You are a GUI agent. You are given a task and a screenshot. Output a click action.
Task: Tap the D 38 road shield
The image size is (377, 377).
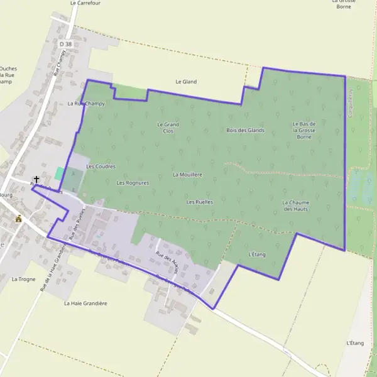(x=65, y=45)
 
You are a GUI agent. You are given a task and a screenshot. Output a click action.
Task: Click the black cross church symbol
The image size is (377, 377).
(x=36, y=180)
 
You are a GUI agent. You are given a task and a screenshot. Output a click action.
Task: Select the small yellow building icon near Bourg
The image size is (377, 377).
(x=19, y=219)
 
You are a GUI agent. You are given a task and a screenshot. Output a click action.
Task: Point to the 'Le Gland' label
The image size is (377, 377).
(x=186, y=82)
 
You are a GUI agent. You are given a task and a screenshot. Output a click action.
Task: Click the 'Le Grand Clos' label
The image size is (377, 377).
(x=168, y=128)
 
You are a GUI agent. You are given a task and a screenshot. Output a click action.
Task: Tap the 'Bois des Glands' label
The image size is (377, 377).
(x=245, y=130)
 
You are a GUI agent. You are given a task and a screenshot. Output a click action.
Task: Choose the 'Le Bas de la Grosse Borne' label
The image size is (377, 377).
(x=304, y=130)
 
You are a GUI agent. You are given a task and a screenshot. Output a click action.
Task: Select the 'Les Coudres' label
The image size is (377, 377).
(x=101, y=167)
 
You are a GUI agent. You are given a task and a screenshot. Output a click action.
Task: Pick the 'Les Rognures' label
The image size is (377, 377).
(x=133, y=183)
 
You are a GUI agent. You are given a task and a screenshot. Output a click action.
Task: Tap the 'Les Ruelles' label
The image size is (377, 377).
(x=200, y=202)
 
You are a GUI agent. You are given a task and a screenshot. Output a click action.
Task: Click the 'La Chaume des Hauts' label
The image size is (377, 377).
(x=295, y=205)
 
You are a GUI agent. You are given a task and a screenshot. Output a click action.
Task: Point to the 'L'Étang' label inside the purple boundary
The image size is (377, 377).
(x=257, y=254)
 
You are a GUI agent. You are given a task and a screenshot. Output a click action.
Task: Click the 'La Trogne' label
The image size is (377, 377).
(x=23, y=279)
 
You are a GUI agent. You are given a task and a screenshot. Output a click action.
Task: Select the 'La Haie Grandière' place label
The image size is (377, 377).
(x=85, y=303)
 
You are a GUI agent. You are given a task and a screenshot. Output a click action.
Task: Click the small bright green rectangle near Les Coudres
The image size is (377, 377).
(x=59, y=173)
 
